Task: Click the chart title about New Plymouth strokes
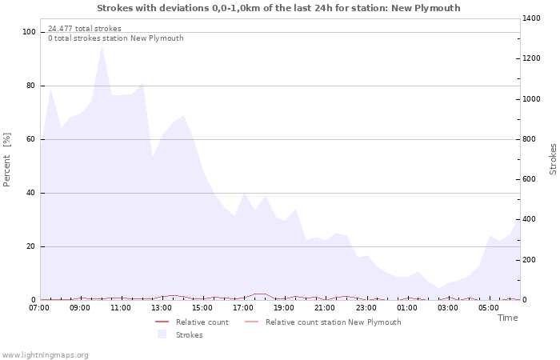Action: click(278, 8)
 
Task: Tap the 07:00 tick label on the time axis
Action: click(40, 307)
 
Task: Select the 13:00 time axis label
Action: click(162, 307)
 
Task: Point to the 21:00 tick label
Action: click(325, 307)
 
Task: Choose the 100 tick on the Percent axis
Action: click(29, 32)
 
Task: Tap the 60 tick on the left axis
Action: click(31, 139)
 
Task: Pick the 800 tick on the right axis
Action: click(530, 139)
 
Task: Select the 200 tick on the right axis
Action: click(530, 260)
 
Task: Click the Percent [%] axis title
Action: click(7, 160)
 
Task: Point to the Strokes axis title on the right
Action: click(553, 159)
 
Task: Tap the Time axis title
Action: click(507, 318)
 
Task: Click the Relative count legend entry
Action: click(202, 322)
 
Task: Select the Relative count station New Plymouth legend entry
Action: click(333, 322)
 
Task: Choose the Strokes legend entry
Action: click(189, 335)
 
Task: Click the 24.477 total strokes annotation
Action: click(85, 29)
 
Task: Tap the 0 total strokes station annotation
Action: click(115, 38)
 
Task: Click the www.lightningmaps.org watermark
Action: click(45, 355)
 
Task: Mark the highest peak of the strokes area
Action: click(102, 46)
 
